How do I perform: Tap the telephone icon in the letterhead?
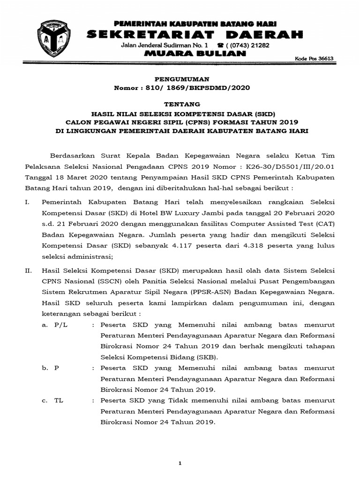click(220, 45)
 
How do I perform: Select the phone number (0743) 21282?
click(248, 45)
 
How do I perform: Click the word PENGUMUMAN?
click(181, 80)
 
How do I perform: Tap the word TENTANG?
click(181, 104)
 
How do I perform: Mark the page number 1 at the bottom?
click(180, 464)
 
